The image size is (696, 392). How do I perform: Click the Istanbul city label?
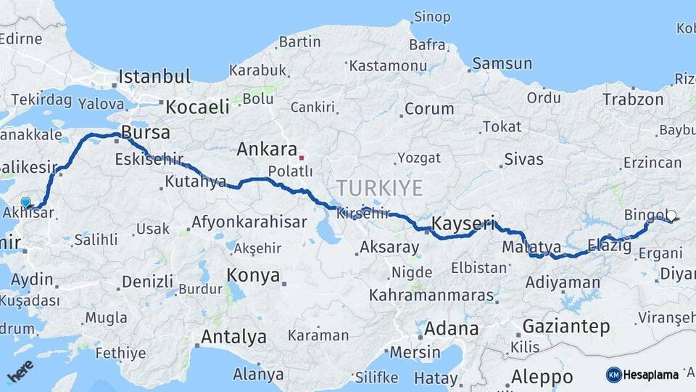tap(154, 76)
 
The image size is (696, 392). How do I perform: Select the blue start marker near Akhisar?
tap(26, 203)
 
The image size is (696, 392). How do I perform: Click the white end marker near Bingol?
tap(671, 216)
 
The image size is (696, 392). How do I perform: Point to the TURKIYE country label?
tap(379, 189)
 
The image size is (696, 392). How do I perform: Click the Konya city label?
tap(253, 275)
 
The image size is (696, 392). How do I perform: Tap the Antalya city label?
tap(233, 337)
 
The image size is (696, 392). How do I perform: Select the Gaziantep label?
tap(566, 326)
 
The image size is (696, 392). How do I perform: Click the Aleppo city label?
tap(542, 377)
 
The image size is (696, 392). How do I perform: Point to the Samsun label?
tap(502, 64)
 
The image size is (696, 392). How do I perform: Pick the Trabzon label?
tap(633, 99)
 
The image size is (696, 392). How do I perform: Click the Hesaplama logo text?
tap(650, 375)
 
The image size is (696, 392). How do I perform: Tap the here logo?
tap(20, 371)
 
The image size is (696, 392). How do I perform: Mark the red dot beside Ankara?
tap(302, 156)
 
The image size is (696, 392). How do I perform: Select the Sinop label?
tap(432, 16)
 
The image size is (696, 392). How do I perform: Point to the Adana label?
tap(451, 328)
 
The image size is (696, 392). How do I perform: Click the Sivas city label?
tap(523, 159)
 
